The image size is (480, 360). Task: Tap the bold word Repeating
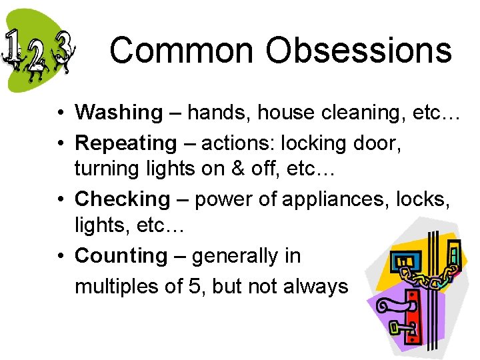125,143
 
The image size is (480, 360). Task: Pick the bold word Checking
123,199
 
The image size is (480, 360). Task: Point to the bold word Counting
121,255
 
